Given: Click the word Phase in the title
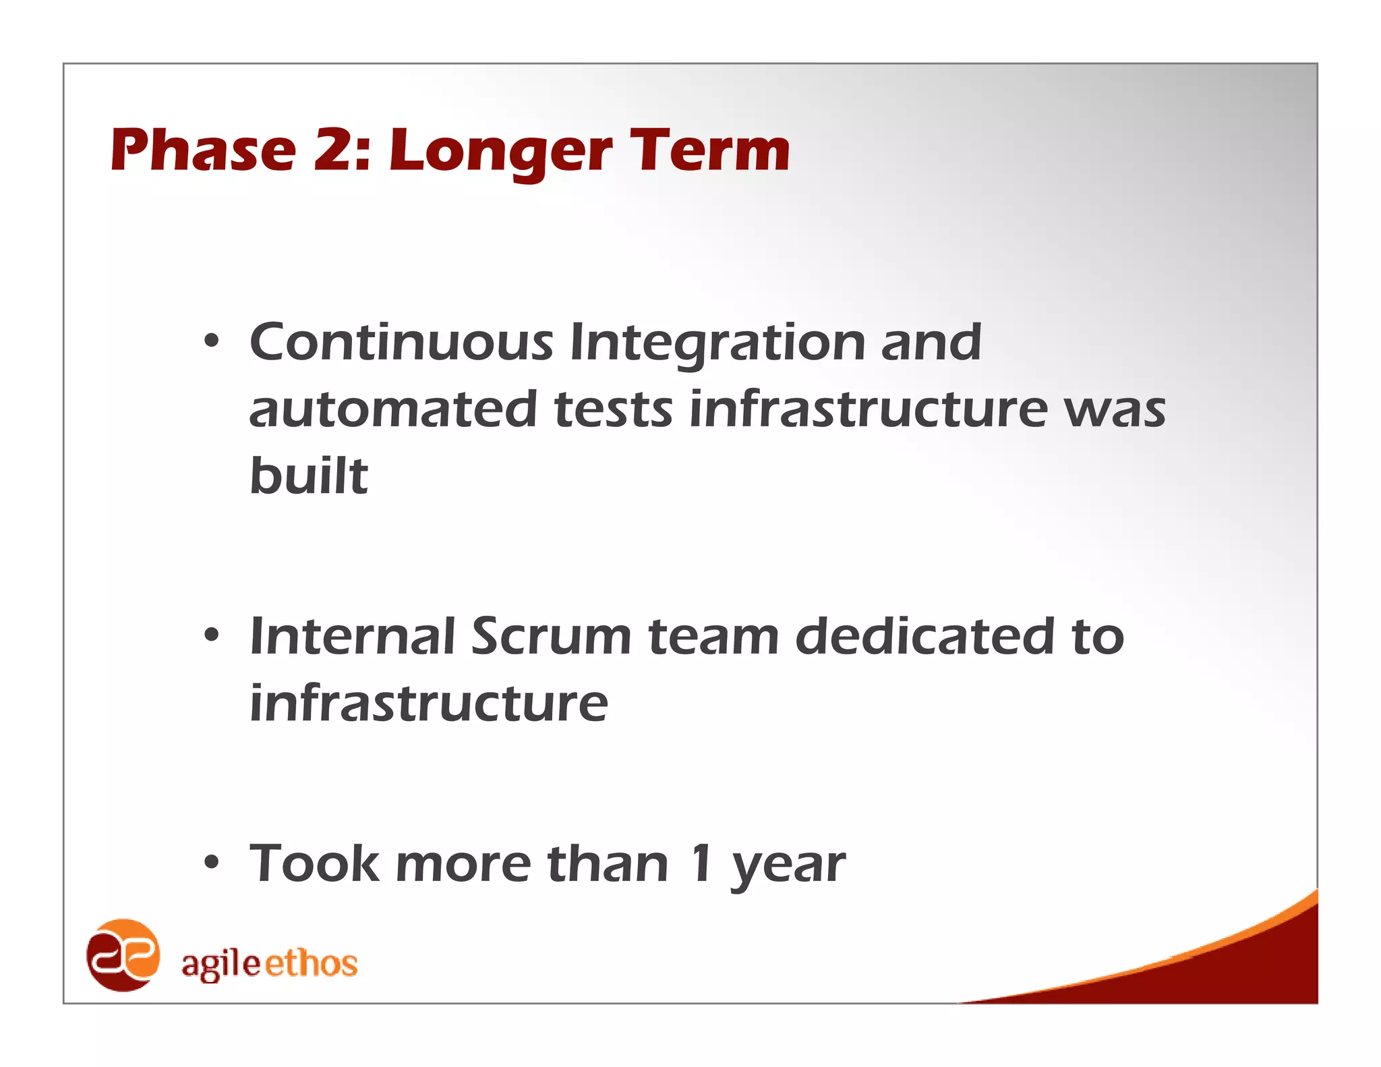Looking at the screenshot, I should (x=203, y=150).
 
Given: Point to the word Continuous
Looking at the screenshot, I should (x=401, y=342).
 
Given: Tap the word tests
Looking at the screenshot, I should (x=613, y=409).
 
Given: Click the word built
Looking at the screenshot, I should (x=309, y=475).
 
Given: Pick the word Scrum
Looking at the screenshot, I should (x=551, y=636).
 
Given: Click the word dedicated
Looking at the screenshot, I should (x=924, y=636).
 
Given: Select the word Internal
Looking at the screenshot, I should (x=352, y=636).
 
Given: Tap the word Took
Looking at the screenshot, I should (x=314, y=863).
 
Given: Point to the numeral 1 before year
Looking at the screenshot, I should (x=701, y=863).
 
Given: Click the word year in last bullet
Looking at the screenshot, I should (x=788, y=867).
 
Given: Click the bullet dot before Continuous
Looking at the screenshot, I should (x=212, y=342).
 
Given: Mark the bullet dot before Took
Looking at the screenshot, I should (x=212, y=863).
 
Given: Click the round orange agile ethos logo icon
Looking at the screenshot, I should (x=123, y=955).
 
